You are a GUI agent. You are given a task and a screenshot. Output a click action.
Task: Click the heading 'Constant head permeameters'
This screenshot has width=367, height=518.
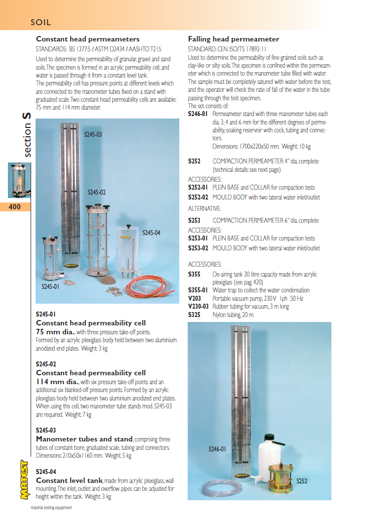click(87, 39)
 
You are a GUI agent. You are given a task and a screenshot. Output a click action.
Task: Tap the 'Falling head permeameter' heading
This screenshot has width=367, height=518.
click(234, 39)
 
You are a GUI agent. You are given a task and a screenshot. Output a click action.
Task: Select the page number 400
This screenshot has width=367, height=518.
click(15, 207)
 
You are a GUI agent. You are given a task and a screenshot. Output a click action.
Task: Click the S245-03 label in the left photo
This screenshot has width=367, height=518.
click(92, 134)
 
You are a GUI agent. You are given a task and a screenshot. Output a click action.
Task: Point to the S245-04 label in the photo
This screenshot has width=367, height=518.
click(151, 233)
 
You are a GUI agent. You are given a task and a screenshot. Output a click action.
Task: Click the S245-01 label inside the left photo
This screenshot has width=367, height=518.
click(50, 286)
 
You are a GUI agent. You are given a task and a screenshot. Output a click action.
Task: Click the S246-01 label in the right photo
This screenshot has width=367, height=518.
click(217, 449)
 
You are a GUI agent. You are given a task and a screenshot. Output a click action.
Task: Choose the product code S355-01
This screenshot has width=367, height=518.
click(198, 290)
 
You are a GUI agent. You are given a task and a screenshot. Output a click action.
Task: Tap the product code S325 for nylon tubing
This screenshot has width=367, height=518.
click(194, 315)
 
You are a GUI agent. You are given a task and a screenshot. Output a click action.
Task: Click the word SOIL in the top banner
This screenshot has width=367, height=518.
click(41, 22)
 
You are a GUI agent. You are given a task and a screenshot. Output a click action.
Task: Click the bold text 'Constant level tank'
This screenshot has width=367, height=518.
click(69, 480)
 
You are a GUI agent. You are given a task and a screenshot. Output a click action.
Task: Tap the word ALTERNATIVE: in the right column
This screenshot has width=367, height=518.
click(204, 209)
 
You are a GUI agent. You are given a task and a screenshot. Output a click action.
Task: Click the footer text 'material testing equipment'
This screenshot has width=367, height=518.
click(51, 507)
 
